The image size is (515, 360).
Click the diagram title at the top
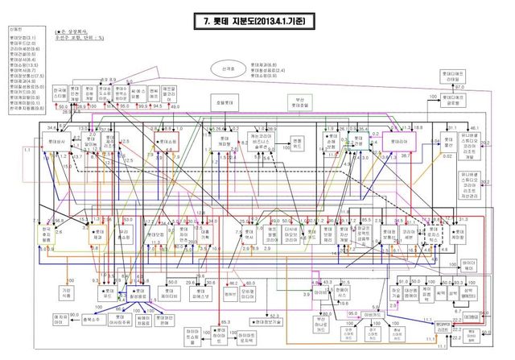[x=257, y=23]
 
